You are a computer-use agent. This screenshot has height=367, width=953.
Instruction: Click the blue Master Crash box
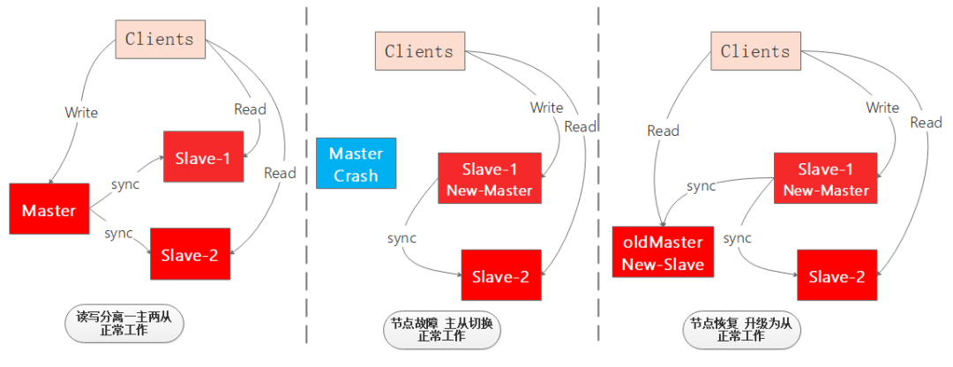tap(356, 163)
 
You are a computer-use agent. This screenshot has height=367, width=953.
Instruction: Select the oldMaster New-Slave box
tap(663, 252)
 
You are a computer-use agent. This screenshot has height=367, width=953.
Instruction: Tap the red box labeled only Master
tap(49, 210)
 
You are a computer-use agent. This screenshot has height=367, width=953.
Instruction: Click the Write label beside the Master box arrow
tap(81, 113)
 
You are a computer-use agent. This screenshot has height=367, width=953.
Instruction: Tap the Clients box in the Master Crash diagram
tap(418, 52)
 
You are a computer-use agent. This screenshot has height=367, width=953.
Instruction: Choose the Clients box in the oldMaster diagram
tap(754, 52)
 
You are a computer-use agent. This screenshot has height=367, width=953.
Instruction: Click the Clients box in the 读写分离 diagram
tap(159, 39)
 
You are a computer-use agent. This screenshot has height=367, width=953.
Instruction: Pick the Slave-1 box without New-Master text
tap(203, 158)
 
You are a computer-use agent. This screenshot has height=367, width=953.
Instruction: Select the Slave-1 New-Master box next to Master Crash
tap(489, 179)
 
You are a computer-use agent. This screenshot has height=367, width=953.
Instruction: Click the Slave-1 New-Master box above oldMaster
tap(825, 179)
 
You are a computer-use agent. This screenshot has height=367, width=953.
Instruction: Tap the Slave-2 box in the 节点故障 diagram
tap(500, 277)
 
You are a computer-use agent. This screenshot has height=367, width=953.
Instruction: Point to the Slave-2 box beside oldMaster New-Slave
tap(837, 277)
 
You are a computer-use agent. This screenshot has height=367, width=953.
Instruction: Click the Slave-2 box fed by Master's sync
tap(190, 255)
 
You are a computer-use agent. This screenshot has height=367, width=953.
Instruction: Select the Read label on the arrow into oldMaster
tap(663, 131)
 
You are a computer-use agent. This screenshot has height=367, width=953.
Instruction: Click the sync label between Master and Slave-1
tap(125, 184)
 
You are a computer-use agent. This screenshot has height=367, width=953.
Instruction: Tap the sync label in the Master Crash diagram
tap(401, 238)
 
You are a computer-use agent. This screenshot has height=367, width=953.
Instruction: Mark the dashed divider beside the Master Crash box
tap(306, 176)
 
